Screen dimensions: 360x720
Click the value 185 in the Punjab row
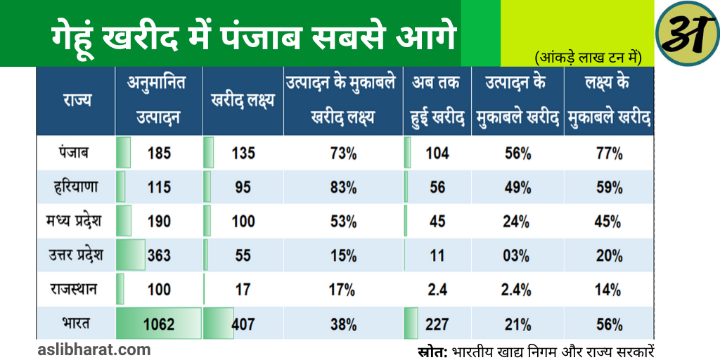(159, 153)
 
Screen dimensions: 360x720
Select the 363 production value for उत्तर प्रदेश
(159, 255)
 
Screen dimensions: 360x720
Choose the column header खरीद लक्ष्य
(243, 101)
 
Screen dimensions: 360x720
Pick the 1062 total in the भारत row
(159, 324)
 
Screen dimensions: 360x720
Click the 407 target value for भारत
(243, 324)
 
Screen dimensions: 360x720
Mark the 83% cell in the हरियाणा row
(343, 187)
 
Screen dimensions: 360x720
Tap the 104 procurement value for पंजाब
(437, 153)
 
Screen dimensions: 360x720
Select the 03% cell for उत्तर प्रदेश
(517, 255)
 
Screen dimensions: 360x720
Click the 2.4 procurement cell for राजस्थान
(437, 289)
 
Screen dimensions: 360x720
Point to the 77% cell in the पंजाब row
(608, 153)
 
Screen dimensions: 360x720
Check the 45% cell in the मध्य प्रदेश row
(608, 221)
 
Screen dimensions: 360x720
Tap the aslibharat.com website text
(94, 349)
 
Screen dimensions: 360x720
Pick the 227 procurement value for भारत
(437, 324)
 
